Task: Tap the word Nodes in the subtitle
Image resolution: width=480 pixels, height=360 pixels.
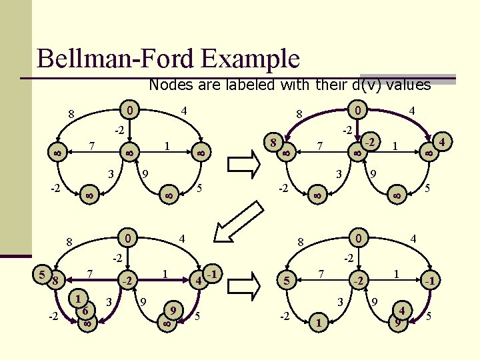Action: (169, 85)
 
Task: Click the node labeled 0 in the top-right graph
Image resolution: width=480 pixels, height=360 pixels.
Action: (359, 109)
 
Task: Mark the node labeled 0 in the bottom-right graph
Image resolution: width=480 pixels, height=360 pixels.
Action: (359, 237)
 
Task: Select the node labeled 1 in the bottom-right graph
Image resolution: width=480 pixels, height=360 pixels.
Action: (319, 323)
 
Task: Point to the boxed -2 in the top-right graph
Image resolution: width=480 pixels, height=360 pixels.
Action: (371, 143)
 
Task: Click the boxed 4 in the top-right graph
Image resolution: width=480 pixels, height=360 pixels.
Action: (441, 142)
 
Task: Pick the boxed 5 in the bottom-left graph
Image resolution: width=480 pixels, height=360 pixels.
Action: (42, 273)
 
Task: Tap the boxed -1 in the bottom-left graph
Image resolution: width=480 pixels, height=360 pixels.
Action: (212, 273)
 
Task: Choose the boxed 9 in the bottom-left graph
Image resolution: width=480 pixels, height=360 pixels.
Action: (174, 310)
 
